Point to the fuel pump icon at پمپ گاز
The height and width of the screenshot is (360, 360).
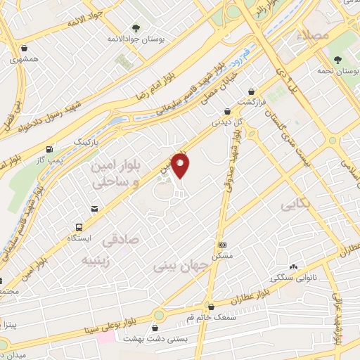48,150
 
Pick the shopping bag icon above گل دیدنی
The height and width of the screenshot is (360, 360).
226,110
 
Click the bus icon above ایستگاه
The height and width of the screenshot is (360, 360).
79,227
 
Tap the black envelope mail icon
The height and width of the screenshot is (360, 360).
94,208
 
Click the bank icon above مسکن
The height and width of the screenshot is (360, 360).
222,243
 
